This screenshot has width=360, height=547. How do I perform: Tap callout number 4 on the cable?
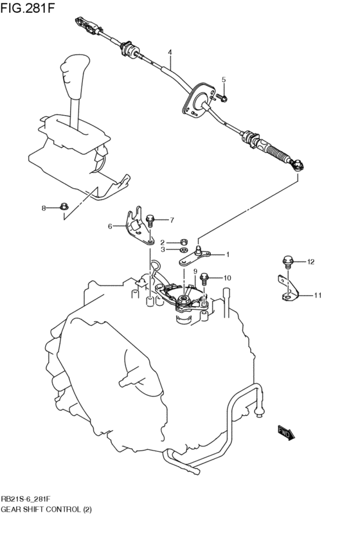pos(170,52)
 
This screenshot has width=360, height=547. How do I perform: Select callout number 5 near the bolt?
pos(224,80)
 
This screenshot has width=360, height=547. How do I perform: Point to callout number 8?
pos(44,208)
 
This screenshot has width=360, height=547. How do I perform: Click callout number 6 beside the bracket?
pos(110,226)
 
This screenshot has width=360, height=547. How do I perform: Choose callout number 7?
pos(172,220)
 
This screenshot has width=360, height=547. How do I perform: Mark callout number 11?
pos(318,295)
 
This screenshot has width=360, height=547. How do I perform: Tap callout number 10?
pos(227,278)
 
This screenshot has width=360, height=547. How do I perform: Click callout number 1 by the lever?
pos(227,255)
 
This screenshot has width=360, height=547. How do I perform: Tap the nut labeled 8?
pos(64,207)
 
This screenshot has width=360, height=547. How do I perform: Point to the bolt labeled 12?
pos(287,262)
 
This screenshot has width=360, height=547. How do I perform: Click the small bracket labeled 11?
pos(287,289)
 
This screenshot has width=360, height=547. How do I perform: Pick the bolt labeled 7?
pos(150,220)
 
